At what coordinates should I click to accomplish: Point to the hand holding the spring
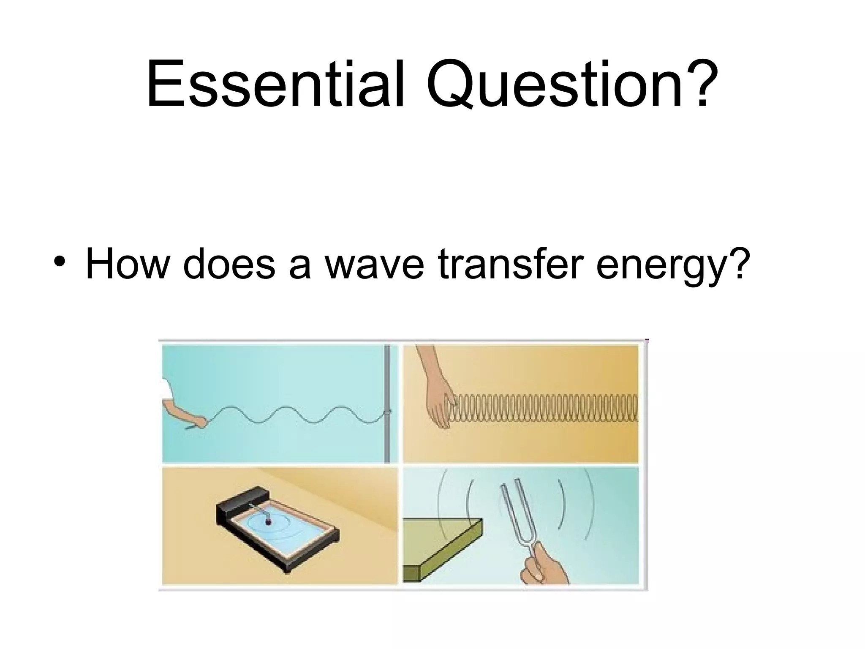point(439,401)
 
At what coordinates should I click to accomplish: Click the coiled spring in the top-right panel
point(545,408)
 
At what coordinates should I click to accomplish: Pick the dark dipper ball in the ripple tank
point(268,523)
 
